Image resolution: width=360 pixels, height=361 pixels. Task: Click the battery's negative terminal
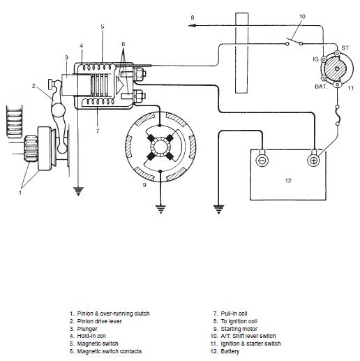coord(262,160)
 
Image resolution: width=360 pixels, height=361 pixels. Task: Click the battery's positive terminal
coord(313,160)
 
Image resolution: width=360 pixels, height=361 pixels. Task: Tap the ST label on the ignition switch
coord(345,48)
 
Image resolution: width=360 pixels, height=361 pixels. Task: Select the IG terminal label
coord(315,59)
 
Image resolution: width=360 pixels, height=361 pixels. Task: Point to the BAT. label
coord(321,87)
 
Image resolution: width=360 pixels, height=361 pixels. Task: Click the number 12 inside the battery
coord(288,180)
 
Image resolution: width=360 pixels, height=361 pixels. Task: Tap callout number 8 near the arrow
coord(193,17)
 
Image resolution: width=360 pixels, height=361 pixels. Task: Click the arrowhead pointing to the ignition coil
coord(192,25)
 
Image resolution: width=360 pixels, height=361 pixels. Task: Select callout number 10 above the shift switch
coord(302,17)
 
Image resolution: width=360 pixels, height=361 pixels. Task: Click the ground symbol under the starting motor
coord(160,209)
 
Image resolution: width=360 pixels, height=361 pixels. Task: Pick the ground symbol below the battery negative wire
coord(218,209)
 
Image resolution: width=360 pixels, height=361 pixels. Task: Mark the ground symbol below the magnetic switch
coord(78,191)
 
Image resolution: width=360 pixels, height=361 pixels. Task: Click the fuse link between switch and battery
coord(338,115)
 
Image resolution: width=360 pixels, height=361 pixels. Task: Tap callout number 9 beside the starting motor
coord(144,185)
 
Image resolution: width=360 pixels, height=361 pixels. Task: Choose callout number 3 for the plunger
coord(66,57)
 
